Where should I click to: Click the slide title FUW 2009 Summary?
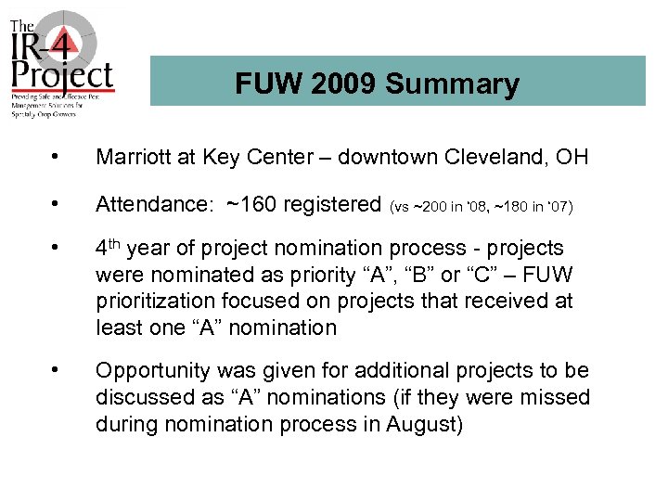pyautogui.click(x=377, y=84)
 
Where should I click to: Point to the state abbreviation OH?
pyautogui.click(x=572, y=157)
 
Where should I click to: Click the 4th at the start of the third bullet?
pyautogui.click(x=109, y=249)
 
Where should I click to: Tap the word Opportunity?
pyautogui.click(x=153, y=371)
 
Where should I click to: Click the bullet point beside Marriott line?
pyautogui.click(x=59, y=157)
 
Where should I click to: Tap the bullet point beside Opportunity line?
pyautogui.click(x=59, y=371)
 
